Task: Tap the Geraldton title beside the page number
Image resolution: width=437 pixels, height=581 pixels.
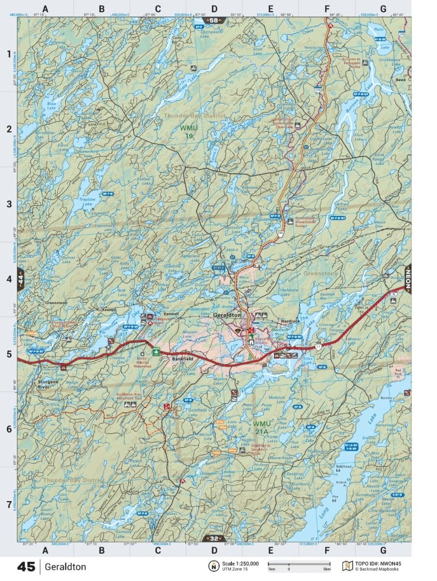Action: [66, 566]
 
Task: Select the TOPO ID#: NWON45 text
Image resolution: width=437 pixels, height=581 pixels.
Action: [378, 564]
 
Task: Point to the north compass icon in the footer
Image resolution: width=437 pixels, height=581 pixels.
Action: [213, 566]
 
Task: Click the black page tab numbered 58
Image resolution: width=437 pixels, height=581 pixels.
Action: [213, 20]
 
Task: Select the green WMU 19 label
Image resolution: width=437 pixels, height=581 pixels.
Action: [187, 132]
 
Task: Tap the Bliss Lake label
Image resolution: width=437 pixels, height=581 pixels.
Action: [52, 106]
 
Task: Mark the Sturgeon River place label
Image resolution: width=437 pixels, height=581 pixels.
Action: [47, 384]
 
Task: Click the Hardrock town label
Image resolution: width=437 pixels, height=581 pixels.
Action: [291, 321]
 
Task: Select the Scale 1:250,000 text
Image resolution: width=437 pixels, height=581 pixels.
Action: [241, 564]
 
